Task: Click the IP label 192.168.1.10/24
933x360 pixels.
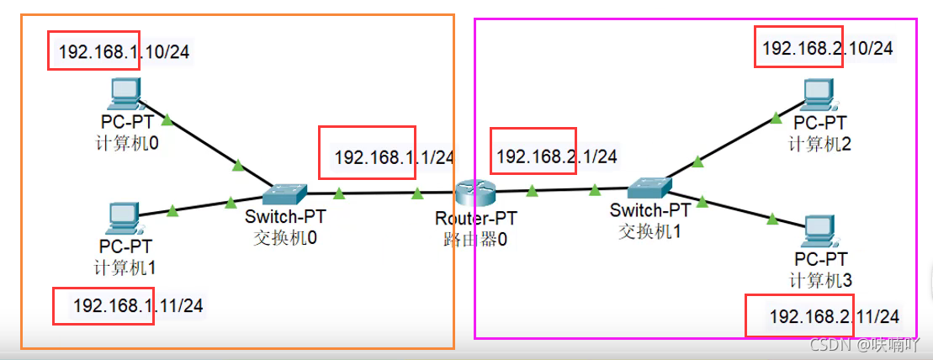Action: [124, 52]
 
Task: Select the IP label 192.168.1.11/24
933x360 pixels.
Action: [138, 306]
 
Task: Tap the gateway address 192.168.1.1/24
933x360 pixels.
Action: [395, 157]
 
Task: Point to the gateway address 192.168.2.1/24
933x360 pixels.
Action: [556, 156]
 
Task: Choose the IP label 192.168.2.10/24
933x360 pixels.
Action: [828, 48]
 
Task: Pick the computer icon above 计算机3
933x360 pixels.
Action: [821, 233]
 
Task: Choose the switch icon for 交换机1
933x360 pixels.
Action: [649, 189]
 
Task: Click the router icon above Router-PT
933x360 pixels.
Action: [475, 193]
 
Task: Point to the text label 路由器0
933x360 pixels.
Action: [476, 240]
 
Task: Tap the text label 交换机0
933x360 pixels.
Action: [285, 238]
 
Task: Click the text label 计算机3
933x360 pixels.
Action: [821, 279]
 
